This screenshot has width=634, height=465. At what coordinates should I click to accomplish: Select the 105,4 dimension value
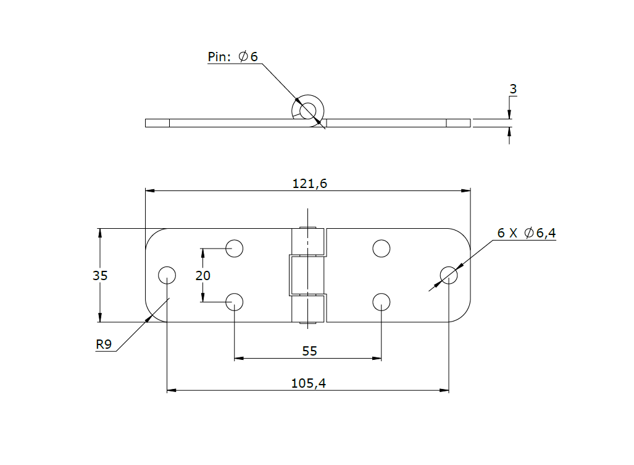[x=308, y=383]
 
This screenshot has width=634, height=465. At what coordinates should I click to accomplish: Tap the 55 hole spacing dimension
[x=309, y=351]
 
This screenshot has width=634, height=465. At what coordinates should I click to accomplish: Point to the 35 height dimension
[x=100, y=276]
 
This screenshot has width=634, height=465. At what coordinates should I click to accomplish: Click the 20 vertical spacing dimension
[x=202, y=276]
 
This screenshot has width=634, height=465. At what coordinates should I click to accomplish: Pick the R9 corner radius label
[x=104, y=345]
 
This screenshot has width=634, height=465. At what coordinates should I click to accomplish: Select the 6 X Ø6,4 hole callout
[x=527, y=233]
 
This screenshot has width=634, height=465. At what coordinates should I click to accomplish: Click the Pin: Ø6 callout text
[x=233, y=57]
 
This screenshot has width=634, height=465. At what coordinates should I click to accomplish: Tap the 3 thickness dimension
[x=512, y=90]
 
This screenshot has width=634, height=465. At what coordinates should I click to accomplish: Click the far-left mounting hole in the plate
[x=167, y=275]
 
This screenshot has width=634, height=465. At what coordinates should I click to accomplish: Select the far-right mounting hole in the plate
[x=449, y=275]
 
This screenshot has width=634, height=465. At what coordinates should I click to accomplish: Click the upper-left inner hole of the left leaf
[x=234, y=249]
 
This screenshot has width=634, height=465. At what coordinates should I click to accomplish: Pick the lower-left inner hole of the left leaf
[x=234, y=302]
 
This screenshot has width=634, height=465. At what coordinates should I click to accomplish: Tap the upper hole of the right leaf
[x=382, y=249]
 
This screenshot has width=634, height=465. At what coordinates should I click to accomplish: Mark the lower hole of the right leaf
[x=382, y=302]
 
